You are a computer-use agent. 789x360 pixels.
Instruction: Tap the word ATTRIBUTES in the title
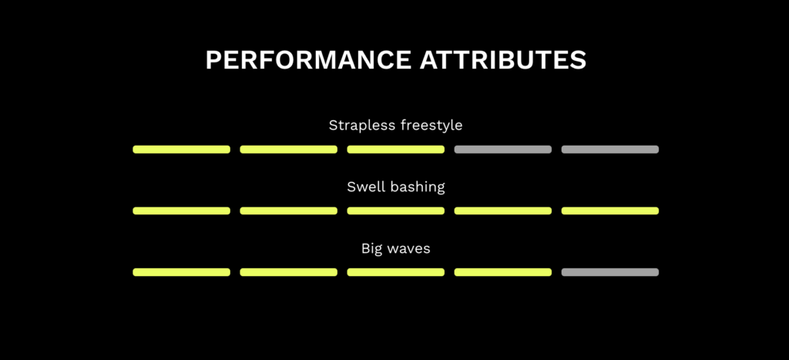[x=503, y=60]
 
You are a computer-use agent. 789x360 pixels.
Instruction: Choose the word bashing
[x=415, y=187]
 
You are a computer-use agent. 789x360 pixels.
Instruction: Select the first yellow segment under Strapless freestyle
[x=182, y=150]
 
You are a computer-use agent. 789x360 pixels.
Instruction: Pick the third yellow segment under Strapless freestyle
[x=396, y=150]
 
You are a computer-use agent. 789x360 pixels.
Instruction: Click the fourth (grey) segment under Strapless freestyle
[x=503, y=150]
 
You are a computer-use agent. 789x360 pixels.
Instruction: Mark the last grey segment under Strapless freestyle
[x=610, y=150]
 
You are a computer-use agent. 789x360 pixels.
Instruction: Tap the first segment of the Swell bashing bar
[x=182, y=211]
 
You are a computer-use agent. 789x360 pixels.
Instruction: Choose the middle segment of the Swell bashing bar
[x=396, y=211]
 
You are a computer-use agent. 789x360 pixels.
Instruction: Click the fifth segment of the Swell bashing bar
[x=610, y=211]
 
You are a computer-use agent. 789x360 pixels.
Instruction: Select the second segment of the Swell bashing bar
[x=289, y=211]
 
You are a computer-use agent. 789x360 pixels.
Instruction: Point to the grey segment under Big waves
[x=610, y=272]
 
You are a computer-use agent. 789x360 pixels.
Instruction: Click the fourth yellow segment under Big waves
[x=503, y=272]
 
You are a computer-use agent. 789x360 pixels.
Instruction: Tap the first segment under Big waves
[x=182, y=272]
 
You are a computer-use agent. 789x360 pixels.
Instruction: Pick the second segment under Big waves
[x=289, y=272]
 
